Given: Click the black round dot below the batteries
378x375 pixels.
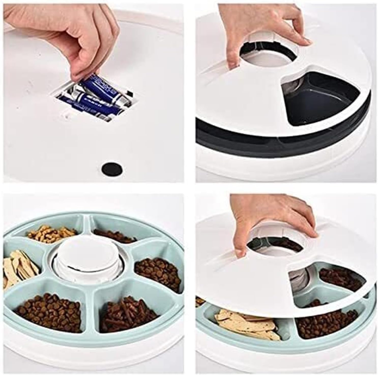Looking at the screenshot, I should (112, 168).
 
